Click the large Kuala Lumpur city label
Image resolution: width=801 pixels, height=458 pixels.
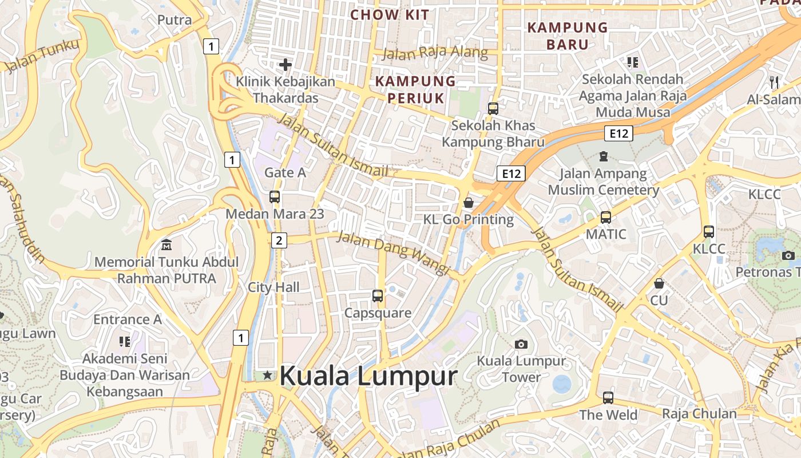coord(368,376)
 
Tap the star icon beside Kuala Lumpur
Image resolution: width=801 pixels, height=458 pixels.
coord(267,376)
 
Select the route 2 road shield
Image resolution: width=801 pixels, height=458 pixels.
coord(279,240)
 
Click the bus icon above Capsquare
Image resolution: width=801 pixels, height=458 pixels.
coord(378,296)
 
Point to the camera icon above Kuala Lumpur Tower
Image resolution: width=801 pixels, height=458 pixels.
coord(521,344)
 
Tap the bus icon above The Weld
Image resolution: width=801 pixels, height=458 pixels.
coord(608,397)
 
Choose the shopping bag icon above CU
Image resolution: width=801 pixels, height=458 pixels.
coord(659,283)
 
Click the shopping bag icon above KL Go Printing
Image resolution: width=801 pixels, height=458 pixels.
coord(469,202)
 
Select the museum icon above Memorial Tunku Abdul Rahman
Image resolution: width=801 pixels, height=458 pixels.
coord(166,245)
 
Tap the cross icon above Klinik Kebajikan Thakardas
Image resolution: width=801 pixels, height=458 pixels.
coord(285,65)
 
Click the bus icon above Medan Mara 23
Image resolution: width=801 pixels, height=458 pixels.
coord(275,197)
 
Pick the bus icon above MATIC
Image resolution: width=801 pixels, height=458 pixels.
coord(606,218)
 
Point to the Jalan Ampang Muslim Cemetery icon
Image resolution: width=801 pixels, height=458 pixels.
coord(603,156)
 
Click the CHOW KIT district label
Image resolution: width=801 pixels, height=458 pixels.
coord(389,15)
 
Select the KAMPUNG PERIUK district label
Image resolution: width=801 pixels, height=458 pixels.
coord(415,89)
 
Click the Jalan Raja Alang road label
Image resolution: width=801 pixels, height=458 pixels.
coord(435,54)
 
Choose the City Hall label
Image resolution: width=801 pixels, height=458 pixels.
coord(273,287)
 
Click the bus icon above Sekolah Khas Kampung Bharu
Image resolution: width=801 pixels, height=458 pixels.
coord(493,108)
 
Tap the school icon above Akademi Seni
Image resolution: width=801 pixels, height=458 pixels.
coord(125,342)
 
